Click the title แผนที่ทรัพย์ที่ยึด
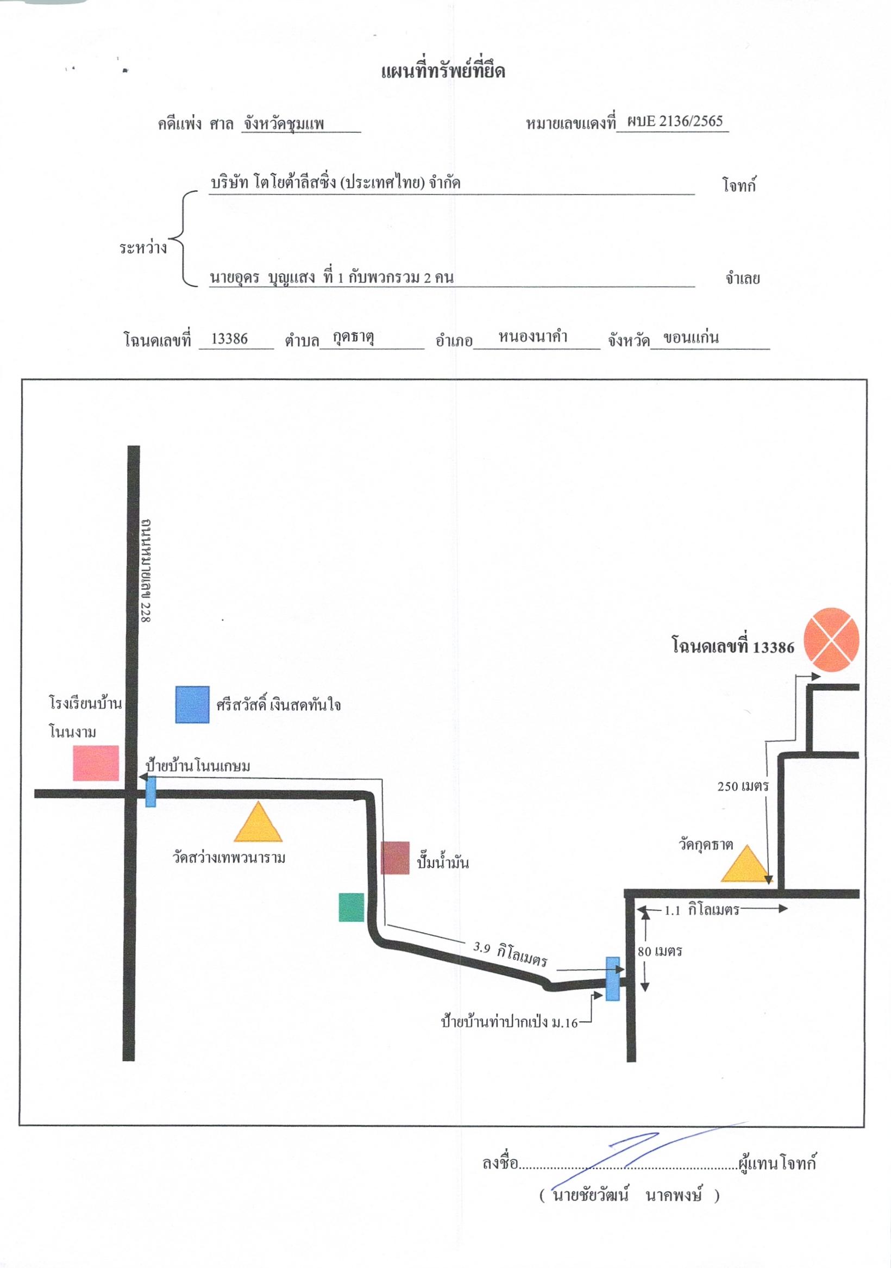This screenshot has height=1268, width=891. tap(443, 71)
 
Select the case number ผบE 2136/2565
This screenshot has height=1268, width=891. tap(674, 121)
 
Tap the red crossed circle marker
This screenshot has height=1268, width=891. tap(831, 640)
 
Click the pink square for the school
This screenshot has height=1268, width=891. tap(96, 763)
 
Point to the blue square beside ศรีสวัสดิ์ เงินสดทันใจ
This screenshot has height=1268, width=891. tap(192, 705)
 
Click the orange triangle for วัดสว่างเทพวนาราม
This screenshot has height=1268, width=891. tap(258, 822)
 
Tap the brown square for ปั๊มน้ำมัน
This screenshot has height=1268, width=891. tap(395, 858)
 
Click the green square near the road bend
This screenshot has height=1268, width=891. tap(351, 907)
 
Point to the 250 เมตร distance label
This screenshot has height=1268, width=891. tap(743, 786)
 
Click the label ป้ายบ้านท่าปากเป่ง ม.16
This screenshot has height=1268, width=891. tap(509, 1022)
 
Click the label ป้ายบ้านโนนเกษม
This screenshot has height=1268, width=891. tap(198, 766)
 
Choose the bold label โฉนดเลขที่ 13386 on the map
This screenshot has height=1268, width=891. tap(732, 646)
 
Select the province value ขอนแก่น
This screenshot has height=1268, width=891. tap(691, 338)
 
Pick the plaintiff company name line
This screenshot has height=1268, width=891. tap(336, 183)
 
